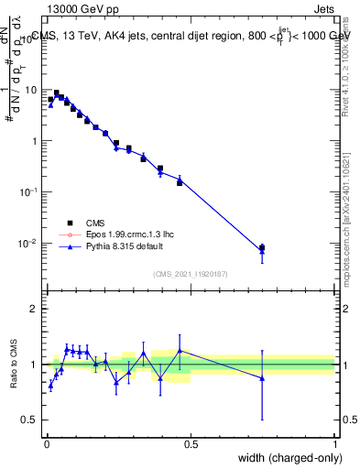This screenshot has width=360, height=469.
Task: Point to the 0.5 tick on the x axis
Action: click(191, 442)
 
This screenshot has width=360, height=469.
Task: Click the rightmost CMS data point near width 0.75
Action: click(262, 247)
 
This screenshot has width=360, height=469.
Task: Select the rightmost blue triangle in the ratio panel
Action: click(262, 377)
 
